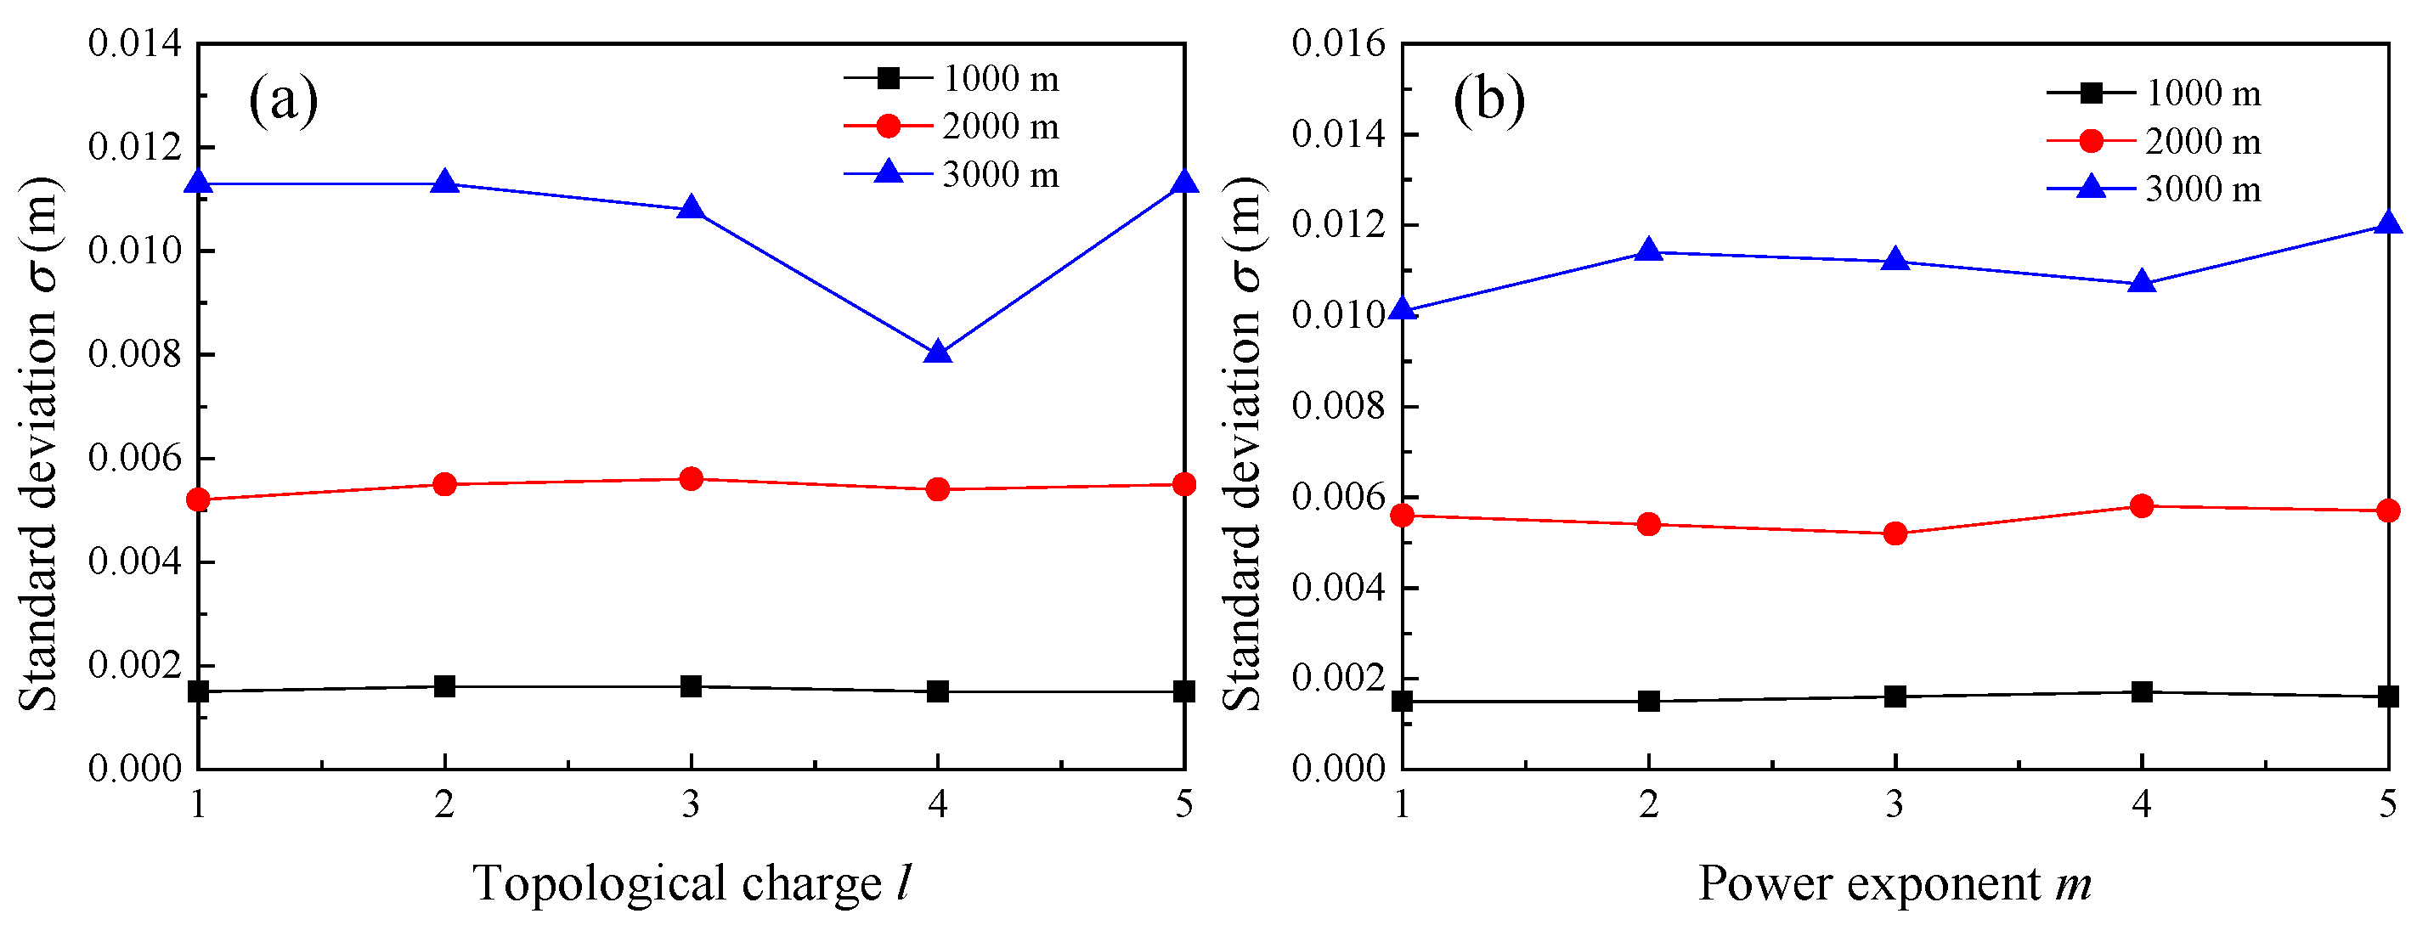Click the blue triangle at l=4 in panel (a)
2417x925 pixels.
pos(937,353)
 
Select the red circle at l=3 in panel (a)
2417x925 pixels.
pos(691,479)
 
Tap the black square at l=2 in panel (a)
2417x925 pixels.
pos(444,685)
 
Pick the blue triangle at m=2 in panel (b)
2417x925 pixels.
pos(1648,251)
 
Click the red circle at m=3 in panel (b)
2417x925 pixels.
pos(1895,533)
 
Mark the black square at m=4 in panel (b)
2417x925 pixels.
pos(2141,691)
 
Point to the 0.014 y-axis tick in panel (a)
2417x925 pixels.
pos(135,43)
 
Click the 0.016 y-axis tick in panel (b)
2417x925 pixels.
pos(1339,43)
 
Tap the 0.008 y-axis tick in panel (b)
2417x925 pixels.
pos(1339,406)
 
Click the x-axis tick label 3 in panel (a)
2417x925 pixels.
pos(691,804)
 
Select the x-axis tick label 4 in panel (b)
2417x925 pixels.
pos(2141,804)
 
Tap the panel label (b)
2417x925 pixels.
pos(1488,99)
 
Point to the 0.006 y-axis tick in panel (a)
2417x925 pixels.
pos(135,458)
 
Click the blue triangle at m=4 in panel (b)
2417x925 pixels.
pos(2141,281)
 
